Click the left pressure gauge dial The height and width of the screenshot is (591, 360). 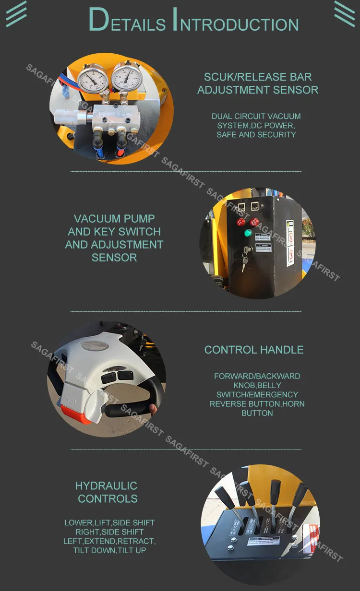click(x=92, y=79)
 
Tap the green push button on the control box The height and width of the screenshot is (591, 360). click(x=248, y=233)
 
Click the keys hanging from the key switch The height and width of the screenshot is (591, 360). click(x=245, y=262)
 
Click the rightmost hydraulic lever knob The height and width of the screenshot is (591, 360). click(x=300, y=493)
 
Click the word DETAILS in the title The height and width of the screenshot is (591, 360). click(x=127, y=21)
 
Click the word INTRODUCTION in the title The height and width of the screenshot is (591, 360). click(x=235, y=21)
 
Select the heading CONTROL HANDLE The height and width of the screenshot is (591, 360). click(x=254, y=350)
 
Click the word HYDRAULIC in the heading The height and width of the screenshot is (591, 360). click(x=106, y=485)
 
